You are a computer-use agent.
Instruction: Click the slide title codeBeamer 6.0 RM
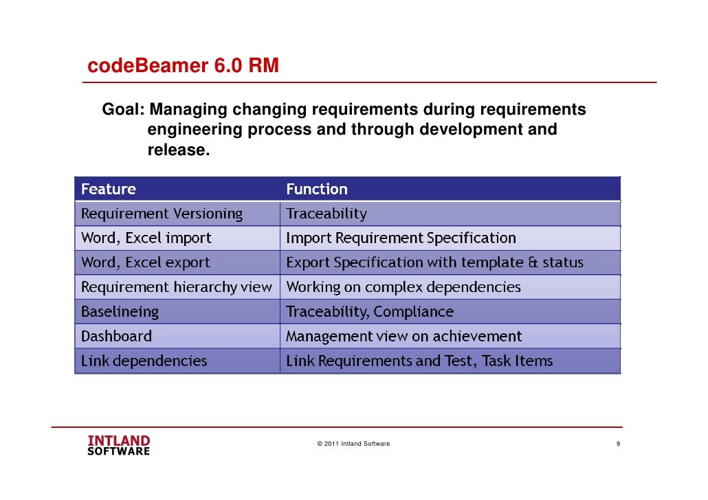click(x=183, y=66)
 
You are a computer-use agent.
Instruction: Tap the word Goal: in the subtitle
click(x=123, y=110)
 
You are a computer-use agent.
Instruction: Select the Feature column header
click(x=109, y=189)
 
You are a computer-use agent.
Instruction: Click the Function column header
click(x=317, y=189)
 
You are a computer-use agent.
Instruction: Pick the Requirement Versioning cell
click(x=162, y=214)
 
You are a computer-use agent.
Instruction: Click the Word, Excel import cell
click(x=146, y=238)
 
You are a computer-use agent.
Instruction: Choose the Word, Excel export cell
click(x=146, y=262)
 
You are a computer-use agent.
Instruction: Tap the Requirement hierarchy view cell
click(x=177, y=287)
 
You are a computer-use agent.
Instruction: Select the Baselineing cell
click(x=120, y=312)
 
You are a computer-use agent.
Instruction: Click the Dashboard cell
click(x=116, y=337)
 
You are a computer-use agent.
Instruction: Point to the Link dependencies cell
click(x=144, y=361)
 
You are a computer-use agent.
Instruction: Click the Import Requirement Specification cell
click(x=401, y=238)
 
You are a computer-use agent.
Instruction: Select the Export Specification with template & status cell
click(x=434, y=262)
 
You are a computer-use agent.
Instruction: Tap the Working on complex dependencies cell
click(x=403, y=287)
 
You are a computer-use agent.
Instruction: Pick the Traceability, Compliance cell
click(x=370, y=312)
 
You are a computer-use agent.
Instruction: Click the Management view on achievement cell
click(x=403, y=337)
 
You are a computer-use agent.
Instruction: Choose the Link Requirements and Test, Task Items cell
click(x=419, y=361)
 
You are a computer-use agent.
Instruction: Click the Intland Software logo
click(x=118, y=445)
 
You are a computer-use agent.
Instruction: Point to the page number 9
click(x=619, y=444)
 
